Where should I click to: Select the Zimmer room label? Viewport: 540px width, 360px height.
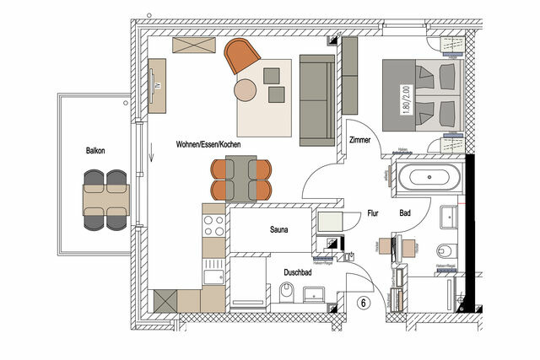pos(359,141)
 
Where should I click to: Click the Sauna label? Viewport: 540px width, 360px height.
pos(280,228)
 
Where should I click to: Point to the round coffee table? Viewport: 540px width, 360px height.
pos(246,89)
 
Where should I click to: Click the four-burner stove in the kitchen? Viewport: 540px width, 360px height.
pos(213,225)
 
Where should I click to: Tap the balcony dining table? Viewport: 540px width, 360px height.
pos(105,200)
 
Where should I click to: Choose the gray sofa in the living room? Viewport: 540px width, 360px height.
pos(316,98)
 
